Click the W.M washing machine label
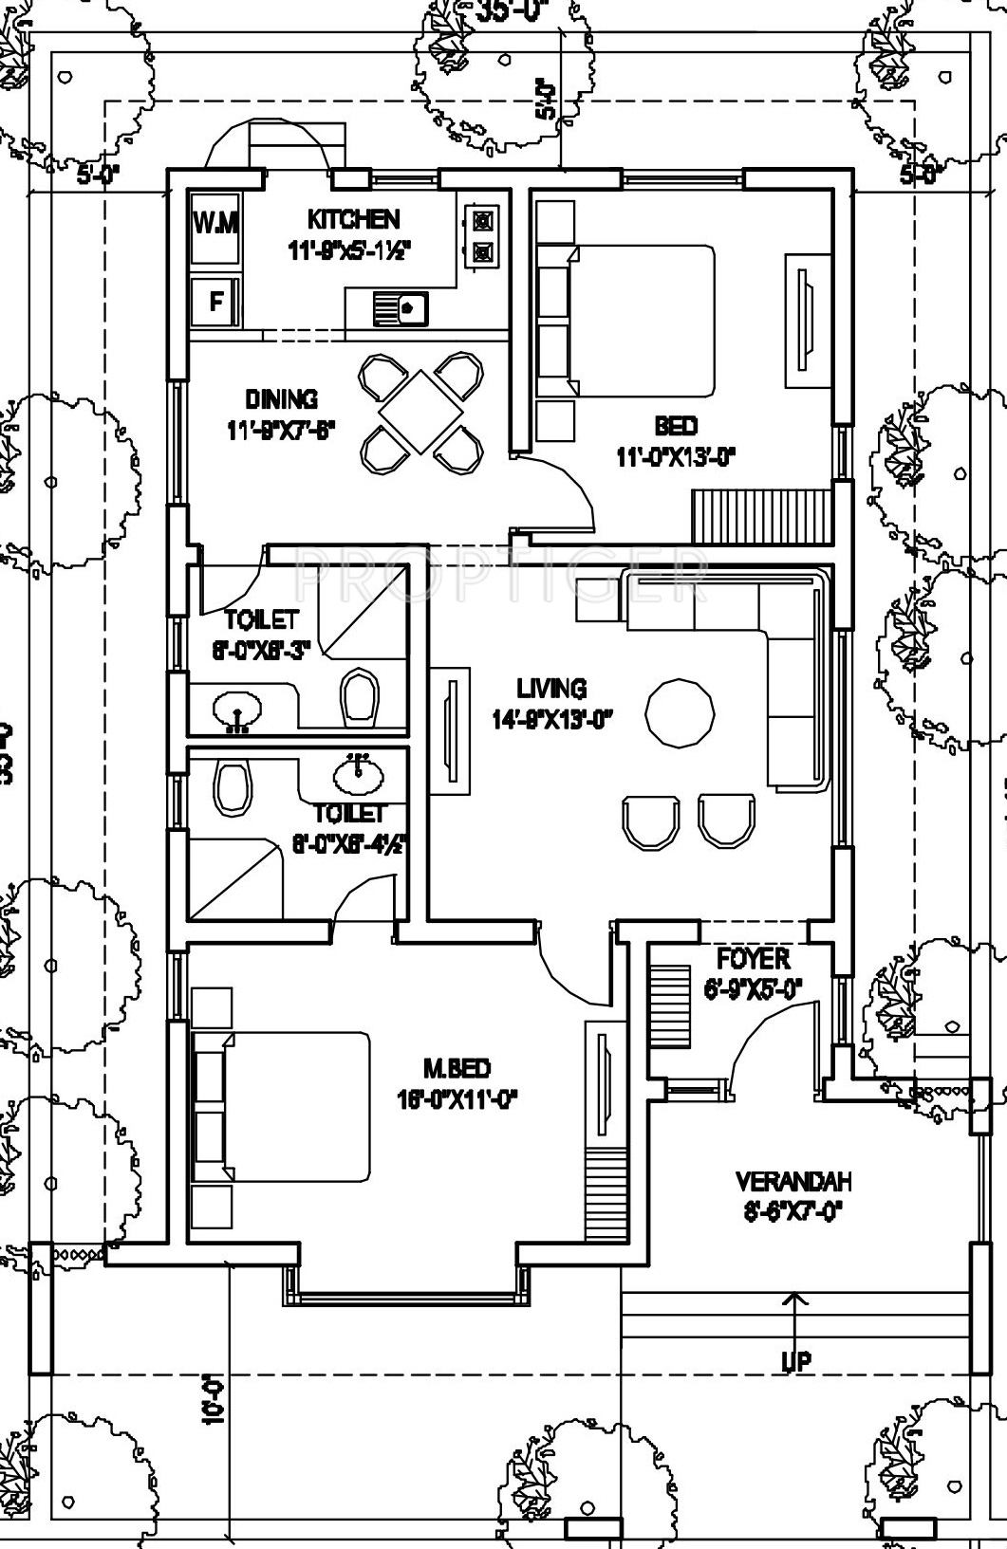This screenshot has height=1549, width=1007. [x=216, y=224]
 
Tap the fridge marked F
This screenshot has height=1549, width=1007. [x=216, y=302]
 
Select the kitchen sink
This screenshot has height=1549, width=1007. [x=400, y=307]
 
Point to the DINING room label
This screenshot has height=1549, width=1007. [x=281, y=399]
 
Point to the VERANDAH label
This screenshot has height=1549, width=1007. [x=793, y=1182]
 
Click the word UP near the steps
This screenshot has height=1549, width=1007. [x=795, y=1362]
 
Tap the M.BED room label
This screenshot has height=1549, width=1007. [x=457, y=1070]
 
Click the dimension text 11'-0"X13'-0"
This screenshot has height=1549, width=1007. [x=676, y=457]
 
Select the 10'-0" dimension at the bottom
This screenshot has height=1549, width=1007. [x=214, y=1399]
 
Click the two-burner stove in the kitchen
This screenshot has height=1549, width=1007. [x=482, y=236]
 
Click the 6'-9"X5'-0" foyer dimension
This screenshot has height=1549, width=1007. [x=754, y=988]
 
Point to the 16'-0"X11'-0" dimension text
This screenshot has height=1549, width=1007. [x=457, y=1100]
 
